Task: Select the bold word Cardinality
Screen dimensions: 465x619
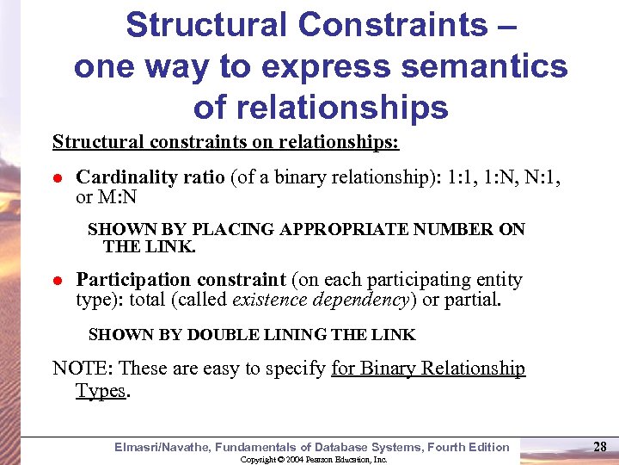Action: point(126,177)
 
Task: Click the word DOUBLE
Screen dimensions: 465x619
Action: point(226,334)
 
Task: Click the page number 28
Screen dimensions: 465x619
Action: point(601,446)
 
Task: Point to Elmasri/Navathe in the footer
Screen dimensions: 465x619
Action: point(162,447)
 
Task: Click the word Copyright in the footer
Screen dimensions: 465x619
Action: point(255,460)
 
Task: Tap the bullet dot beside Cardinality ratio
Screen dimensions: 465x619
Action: point(58,179)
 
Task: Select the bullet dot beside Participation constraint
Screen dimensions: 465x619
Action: point(58,282)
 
